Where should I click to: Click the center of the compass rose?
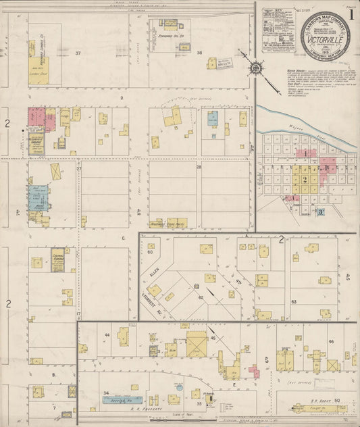[257, 68]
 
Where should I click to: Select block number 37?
[78, 53]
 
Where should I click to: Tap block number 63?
[294, 301]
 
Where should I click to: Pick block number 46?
[331, 342]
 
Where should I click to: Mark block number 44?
[106, 335]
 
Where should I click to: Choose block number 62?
[200, 297]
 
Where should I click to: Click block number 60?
[150, 252]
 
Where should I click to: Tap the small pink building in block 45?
[255, 372]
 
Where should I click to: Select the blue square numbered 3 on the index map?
[321, 211]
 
